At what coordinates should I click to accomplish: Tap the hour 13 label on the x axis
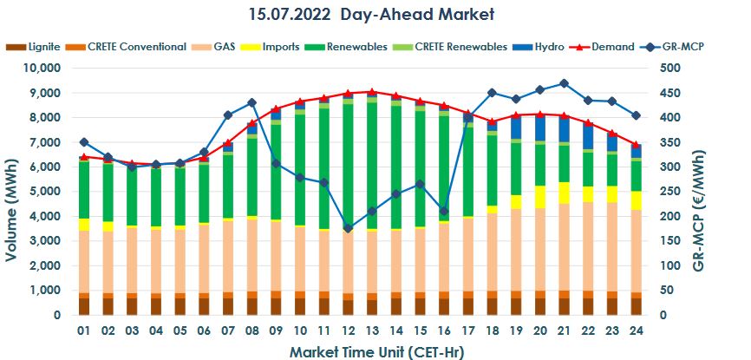click(371, 331)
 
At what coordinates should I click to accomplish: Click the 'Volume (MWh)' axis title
click(11, 191)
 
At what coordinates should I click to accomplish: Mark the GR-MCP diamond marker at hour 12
click(348, 228)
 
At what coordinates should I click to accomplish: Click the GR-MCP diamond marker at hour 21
click(564, 83)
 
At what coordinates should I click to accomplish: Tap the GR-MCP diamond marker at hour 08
click(251, 103)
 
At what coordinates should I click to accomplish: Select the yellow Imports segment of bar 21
click(564, 193)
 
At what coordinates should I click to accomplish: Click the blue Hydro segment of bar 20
click(539, 128)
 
